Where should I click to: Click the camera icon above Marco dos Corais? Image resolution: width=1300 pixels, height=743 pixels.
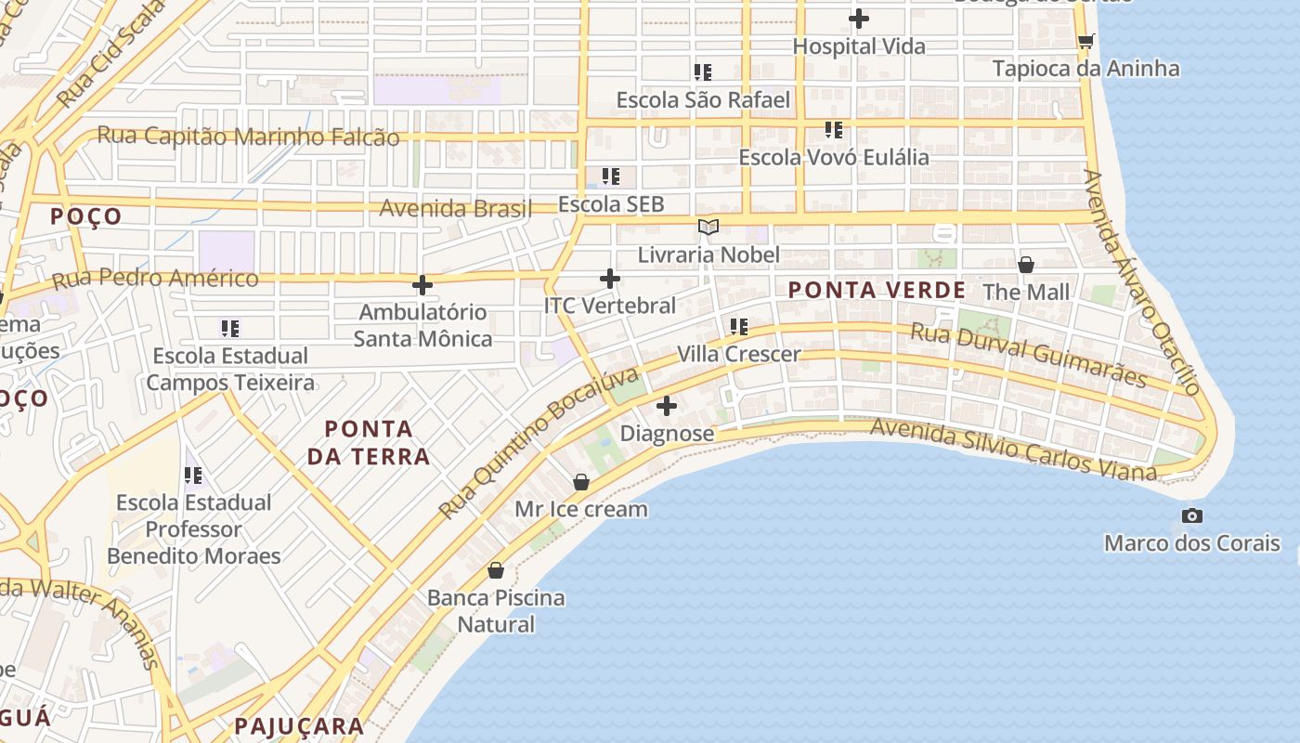(1192, 516)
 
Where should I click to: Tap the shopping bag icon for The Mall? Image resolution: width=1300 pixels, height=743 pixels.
(1026, 265)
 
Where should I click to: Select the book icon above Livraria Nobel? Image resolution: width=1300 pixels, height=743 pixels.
(708, 227)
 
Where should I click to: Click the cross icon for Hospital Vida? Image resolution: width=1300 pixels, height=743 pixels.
(859, 18)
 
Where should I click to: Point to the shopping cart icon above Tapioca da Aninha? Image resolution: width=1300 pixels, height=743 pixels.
(1085, 41)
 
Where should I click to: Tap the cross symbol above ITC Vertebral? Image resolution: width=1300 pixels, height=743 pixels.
(610, 279)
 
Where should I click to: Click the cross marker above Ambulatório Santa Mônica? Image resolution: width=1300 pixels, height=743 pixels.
(422, 285)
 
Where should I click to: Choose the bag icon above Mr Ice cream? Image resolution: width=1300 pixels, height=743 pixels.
(581, 482)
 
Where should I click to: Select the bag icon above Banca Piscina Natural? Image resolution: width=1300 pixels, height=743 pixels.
(496, 569)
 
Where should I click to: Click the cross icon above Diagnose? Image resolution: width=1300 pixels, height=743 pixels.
(667, 406)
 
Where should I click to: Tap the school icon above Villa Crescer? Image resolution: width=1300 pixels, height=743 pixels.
(739, 326)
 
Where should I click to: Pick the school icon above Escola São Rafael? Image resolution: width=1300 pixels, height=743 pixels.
(703, 72)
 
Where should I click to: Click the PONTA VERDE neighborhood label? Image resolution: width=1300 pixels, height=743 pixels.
(877, 291)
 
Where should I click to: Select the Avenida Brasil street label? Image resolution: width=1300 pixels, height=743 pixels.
(455, 208)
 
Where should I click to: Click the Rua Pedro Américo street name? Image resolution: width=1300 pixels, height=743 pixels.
(155, 279)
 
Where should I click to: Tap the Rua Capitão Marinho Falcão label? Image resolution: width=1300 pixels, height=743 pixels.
(248, 137)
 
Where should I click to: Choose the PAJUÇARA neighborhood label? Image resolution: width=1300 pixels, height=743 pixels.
(299, 726)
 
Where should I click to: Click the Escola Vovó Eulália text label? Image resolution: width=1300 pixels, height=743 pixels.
(834, 157)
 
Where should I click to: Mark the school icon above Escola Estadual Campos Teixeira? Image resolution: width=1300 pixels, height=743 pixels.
(230, 328)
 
